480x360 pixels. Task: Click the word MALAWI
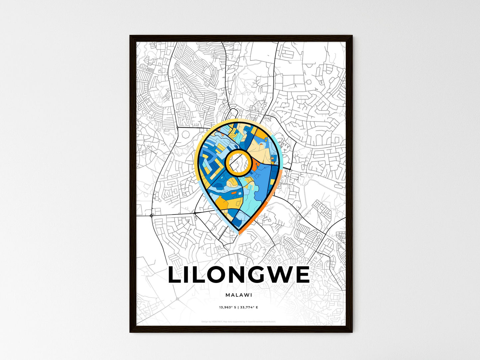click(x=239, y=295)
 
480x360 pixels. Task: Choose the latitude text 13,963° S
click(x=227, y=308)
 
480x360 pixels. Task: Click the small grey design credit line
click(x=239, y=321)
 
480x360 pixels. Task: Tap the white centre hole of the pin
click(x=238, y=162)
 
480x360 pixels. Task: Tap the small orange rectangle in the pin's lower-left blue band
click(x=234, y=192)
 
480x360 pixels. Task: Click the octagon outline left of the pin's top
click(x=185, y=135)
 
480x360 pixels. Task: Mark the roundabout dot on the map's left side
click(x=152, y=216)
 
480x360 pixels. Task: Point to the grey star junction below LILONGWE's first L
click(x=177, y=299)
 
